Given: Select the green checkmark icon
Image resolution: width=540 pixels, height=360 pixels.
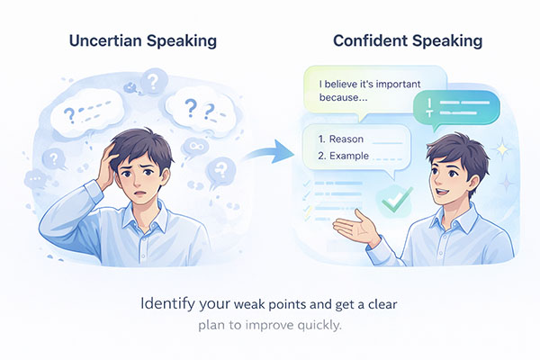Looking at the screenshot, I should [393, 199].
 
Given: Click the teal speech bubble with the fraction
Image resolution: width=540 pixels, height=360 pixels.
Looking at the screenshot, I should [458, 109].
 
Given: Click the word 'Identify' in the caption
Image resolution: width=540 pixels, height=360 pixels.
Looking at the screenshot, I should [167, 302].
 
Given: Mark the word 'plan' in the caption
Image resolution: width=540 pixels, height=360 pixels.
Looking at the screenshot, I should [212, 323].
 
